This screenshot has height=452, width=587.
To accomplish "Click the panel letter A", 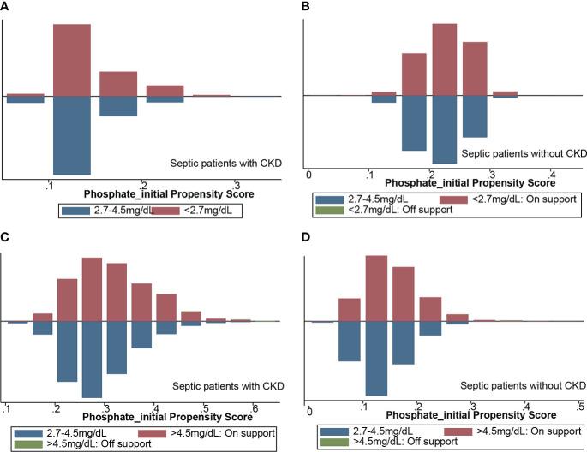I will (x=4, y=6).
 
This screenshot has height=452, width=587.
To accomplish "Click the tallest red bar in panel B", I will (x=444, y=59).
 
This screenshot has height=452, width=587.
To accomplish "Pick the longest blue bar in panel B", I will (x=444, y=128).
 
